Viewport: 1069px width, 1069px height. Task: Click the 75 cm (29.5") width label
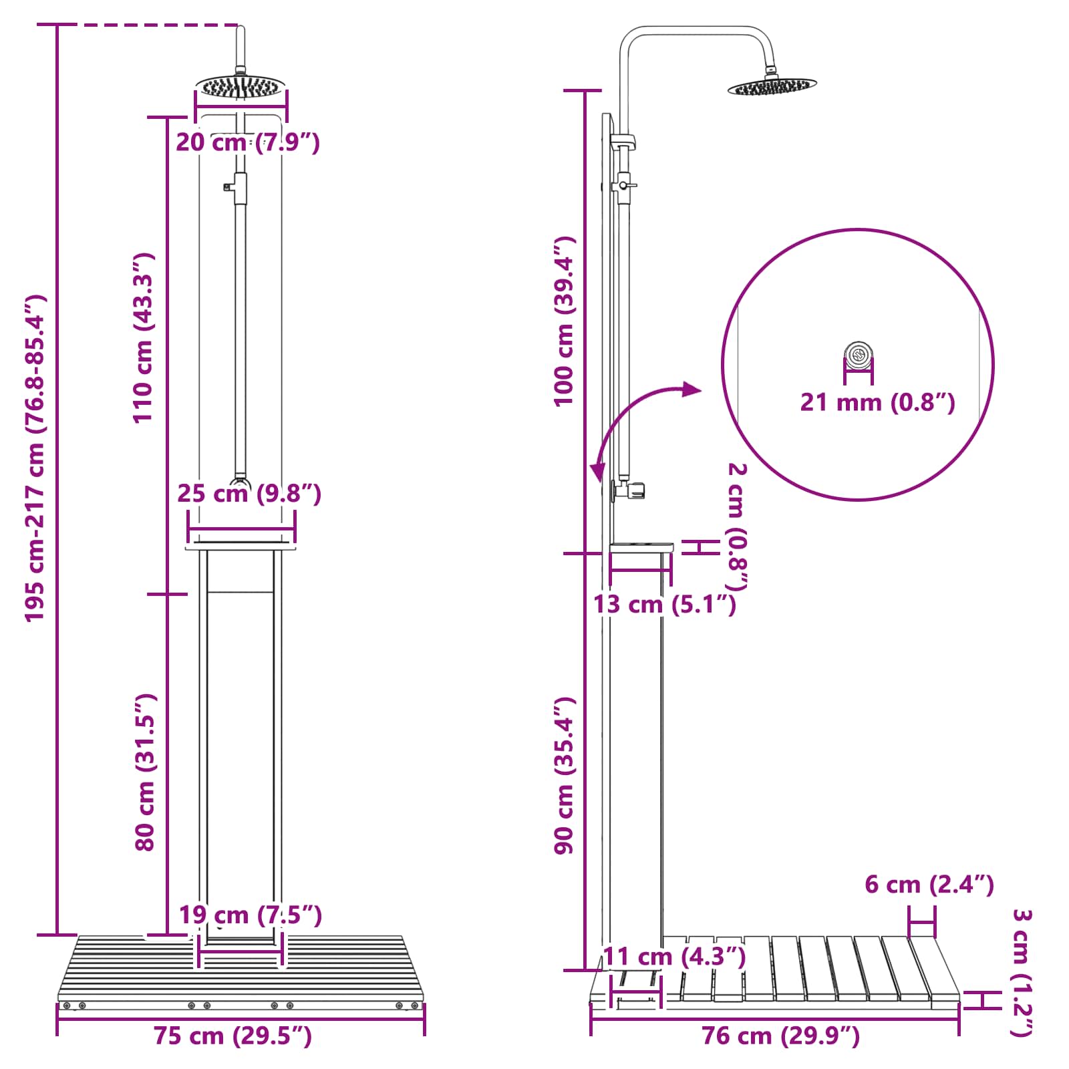(233, 1036)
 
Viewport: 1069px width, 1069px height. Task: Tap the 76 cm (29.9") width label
(780, 1036)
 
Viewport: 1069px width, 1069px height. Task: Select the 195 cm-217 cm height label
(35, 458)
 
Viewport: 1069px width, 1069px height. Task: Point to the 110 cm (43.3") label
(144, 338)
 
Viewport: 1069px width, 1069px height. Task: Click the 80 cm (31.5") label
(145, 772)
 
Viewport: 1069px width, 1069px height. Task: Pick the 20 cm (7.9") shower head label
(248, 142)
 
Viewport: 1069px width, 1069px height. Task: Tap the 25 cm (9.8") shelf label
(249, 494)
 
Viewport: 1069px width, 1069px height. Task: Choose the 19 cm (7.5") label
(251, 915)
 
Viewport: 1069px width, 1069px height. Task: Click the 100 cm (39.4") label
(565, 321)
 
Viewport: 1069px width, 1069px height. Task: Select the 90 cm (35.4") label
(565, 775)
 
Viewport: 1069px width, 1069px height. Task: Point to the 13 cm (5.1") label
(665, 604)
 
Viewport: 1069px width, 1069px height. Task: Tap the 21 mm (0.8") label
(877, 402)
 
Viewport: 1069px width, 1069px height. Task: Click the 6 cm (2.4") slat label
(929, 885)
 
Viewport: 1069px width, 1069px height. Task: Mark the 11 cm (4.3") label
(674, 957)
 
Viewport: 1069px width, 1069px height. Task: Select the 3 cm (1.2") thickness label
(1022, 973)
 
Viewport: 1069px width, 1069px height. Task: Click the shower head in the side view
(772, 86)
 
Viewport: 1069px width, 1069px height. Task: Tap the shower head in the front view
(241, 86)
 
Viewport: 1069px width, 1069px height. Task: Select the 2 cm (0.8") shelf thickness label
(736, 526)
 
